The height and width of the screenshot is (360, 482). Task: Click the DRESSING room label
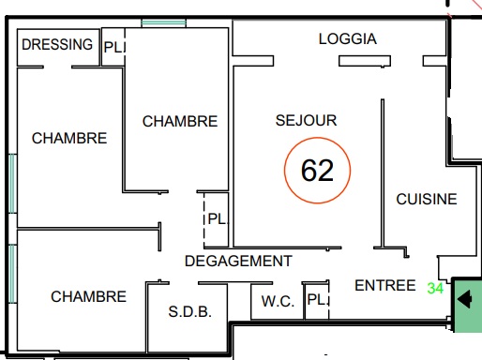(57, 44)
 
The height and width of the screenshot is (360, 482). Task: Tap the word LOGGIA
(348, 39)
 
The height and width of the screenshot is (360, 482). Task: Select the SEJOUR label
(306, 120)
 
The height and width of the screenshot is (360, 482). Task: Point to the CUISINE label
(427, 199)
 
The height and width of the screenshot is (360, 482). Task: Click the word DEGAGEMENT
(238, 261)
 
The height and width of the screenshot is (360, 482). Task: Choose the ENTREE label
(385, 285)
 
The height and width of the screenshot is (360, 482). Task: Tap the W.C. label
(278, 302)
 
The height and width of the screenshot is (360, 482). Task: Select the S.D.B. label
(190, 311)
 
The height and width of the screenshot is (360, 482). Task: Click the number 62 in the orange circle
(317, 171)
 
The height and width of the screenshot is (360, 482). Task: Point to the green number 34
(435, 288)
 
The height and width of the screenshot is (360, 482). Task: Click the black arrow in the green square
(464, 299)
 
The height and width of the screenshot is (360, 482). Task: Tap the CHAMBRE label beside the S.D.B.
(88, 296)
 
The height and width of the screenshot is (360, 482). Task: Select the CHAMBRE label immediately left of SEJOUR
(180, 121)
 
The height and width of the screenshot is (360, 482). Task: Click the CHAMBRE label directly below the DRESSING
(69, 138)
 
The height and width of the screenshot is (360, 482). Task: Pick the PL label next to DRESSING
(113, 48)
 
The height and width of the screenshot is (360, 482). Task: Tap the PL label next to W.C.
(317, 300)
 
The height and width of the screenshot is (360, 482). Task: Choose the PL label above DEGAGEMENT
(217, 218)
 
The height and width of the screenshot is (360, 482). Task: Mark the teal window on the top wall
(163, 22)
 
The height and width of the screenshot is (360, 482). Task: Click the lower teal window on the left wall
(12, 274)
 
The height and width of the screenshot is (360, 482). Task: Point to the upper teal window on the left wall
(12, 184)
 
